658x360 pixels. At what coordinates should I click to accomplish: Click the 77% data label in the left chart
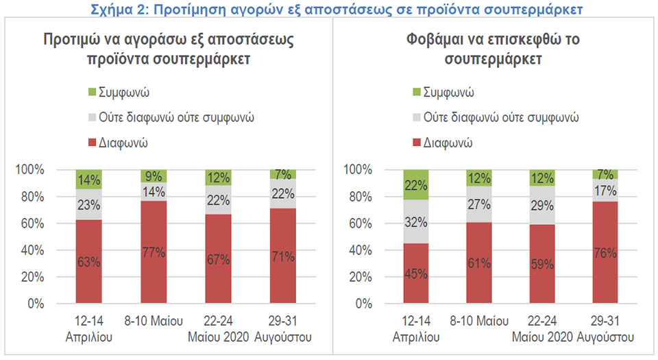pyautogui.click(x=154, y=252)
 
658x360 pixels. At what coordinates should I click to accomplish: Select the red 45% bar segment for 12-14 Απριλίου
pyautogui.click(x=416, y=274)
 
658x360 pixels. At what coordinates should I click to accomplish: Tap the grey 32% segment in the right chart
pyautogui.click(x=416, y=221)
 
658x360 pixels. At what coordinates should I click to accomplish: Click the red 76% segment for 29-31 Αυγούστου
pyautogui.click(x=606, y=252)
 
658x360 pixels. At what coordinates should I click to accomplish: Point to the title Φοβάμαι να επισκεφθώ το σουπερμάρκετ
pyautogui.click(x=492, y=49)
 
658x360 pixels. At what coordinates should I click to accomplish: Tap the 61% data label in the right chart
pyautogui.click(x=479, y=263)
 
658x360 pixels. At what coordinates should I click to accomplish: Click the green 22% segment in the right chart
pyautogui.click(x=416, y=184)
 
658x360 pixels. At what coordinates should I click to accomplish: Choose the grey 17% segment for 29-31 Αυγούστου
pyautogui.click(x=606, y=191)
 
